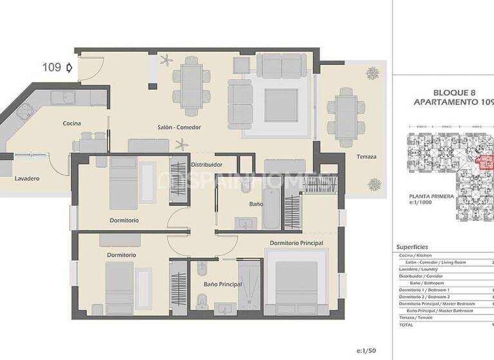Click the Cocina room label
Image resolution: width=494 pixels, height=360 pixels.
point(71,123)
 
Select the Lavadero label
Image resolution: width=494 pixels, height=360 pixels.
point(28,179)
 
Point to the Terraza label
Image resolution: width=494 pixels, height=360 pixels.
point(367,157)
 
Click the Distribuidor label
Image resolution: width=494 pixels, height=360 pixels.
point(206,165)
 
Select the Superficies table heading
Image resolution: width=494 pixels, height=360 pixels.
point(412,247)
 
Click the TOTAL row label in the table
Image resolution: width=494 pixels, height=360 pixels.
point(407,325)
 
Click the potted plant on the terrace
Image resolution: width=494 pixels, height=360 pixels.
point(373,184)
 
